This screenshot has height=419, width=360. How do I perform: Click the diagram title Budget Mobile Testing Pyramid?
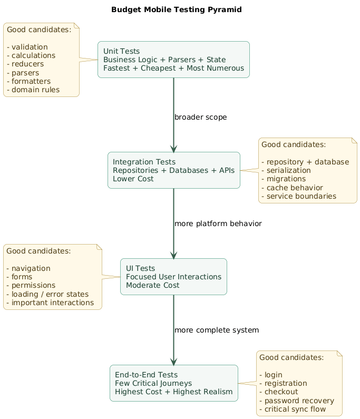click(177, 9)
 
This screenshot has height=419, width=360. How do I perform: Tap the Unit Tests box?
click(173, 60)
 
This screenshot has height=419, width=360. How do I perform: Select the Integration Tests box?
click(174, 170)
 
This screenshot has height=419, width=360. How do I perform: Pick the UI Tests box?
click(173, 277)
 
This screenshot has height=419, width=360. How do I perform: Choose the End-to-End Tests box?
click(174, 383)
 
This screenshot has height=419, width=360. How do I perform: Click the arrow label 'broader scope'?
click(200, 117)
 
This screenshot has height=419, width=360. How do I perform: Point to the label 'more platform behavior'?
click(218, 223)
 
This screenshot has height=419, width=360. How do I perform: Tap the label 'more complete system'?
click(217, 330)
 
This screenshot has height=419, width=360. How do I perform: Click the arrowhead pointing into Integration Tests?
click(174, 149)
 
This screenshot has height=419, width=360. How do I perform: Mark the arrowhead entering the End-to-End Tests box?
click(174, 362)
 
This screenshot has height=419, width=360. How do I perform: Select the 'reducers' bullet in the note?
click(25, 64)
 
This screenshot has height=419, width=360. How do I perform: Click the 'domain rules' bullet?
click(33, 90)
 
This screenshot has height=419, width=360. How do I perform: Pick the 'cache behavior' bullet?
click(292, 188)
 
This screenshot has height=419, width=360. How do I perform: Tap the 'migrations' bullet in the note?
click(284, 179)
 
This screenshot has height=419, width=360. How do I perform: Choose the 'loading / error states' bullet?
click(47, 294)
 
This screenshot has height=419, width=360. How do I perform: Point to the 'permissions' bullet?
click(31, 285)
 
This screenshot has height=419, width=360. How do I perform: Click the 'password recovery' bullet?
click(297, 401)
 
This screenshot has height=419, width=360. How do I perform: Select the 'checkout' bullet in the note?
click(278, 392)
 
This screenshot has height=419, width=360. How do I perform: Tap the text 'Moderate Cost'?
click(153, 285)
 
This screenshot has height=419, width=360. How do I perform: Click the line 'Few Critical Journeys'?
click(153, 383)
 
